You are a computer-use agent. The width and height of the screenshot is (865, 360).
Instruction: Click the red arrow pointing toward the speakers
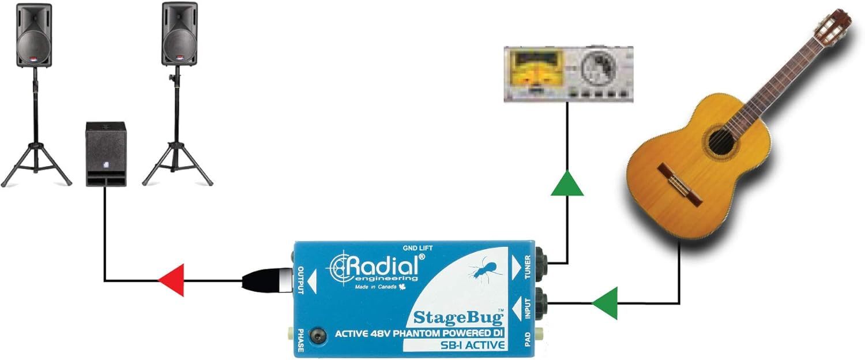[171, 280]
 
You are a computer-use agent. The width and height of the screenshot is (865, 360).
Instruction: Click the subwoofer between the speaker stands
[106, 154]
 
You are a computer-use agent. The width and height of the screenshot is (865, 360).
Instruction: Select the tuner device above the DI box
[569, 74]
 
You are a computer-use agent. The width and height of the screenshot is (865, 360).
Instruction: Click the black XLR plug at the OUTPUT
[267, 280]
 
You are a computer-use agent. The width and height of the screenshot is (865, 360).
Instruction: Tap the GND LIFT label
[418, 248]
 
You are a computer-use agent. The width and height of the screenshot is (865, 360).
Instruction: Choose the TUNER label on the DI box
[528, 267]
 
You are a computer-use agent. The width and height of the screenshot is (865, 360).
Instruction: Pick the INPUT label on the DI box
[528, 308]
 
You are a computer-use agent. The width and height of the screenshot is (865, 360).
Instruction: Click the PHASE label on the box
[300, 340]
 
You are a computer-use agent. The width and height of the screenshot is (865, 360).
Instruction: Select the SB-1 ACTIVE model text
[472, 345]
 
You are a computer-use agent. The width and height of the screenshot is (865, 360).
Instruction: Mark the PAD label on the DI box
[528, 339]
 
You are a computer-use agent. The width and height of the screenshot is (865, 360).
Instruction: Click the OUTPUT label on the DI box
[301, 280]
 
